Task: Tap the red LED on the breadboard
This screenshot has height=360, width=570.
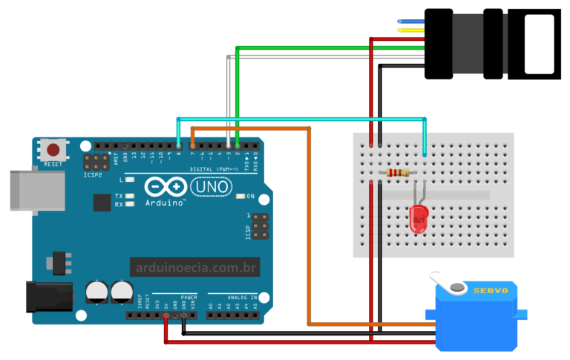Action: (x=419, y=217)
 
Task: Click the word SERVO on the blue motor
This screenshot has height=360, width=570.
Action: (x=490, y=291)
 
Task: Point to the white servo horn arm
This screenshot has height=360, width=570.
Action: (x=445, y=283)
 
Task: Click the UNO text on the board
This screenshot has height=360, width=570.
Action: (x=212, y=189)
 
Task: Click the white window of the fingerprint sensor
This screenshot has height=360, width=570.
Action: (x=540, y=44)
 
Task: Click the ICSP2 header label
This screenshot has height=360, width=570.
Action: (x=92, y=177)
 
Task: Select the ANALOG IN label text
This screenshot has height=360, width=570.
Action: (x=243, y=296)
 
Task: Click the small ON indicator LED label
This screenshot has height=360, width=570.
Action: (x=250, y=197)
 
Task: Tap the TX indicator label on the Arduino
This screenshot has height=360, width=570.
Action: (x=119, y=196)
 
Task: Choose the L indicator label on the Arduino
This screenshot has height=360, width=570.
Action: (x=121, y=180)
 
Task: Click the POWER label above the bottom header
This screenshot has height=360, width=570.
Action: (x=189, y=296)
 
